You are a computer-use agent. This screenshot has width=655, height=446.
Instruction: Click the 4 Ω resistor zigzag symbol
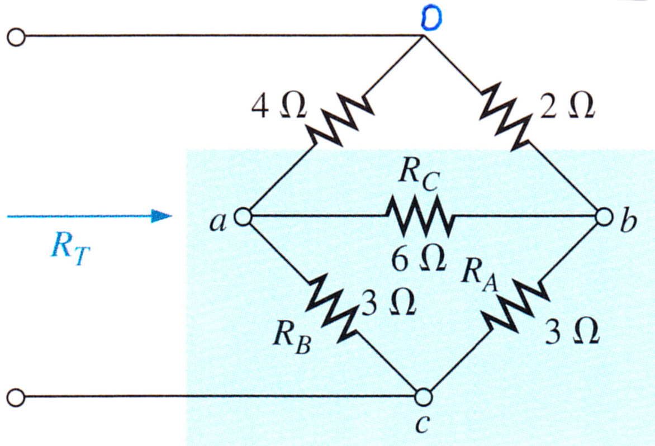pos(340,121)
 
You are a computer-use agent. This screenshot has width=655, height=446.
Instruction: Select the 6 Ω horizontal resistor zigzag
pos(420,216)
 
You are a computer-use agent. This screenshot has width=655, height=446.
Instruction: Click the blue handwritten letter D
pos(431,19)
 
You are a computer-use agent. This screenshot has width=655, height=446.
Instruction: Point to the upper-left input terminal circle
pos(16,37)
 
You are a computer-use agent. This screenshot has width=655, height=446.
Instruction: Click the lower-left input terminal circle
pos(16,397)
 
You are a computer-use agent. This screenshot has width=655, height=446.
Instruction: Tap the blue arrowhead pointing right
pos(162,216)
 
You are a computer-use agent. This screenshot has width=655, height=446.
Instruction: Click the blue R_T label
pos(70,249)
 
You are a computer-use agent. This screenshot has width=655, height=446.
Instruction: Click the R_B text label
pos(292,338)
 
